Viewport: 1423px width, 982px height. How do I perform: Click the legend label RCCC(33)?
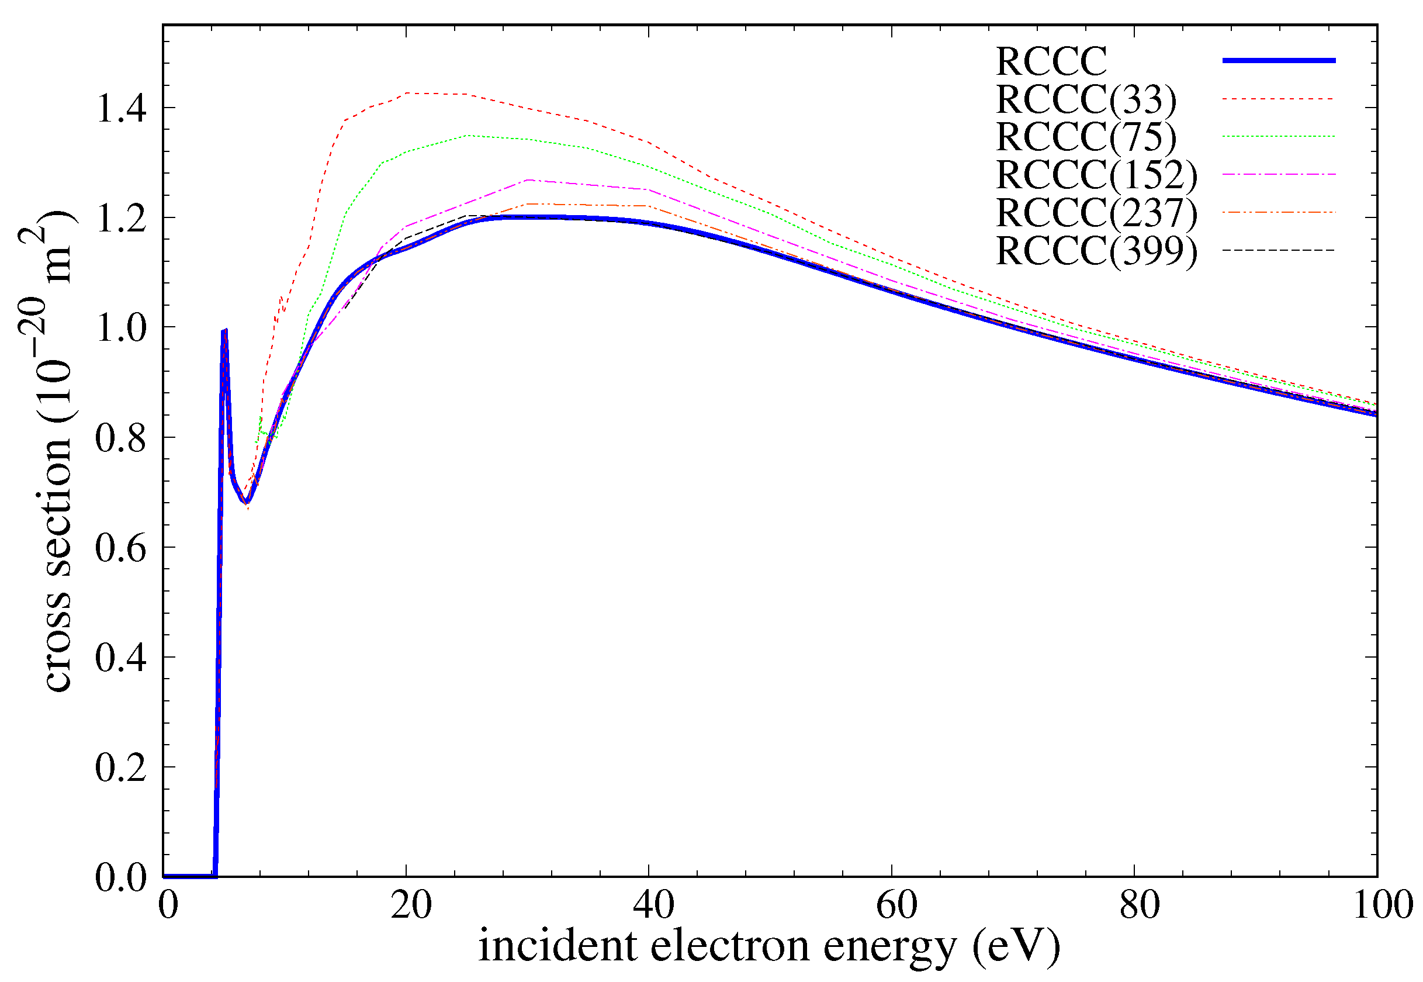(1085, 100)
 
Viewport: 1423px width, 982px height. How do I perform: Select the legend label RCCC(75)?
(1085, 137)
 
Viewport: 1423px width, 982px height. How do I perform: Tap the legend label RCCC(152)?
(1096, 175)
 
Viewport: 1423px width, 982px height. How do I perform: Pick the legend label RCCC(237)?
(1096, 213)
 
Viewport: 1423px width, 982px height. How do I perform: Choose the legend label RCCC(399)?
(1096, 252)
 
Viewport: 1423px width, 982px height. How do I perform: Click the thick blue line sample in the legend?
(1279, 60)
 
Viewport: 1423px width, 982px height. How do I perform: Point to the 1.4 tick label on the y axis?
(121, 109)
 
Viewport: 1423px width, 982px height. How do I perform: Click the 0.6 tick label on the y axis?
(121, 548)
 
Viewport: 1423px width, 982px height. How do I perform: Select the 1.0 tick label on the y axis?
(121, 329)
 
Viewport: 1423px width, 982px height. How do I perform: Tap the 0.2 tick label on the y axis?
(121, 768)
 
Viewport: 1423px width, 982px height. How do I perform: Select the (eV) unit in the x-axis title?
(1016, 946)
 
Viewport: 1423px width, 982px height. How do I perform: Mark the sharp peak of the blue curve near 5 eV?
(225, 330)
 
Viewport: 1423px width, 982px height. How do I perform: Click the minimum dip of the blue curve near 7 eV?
(246, 503)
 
